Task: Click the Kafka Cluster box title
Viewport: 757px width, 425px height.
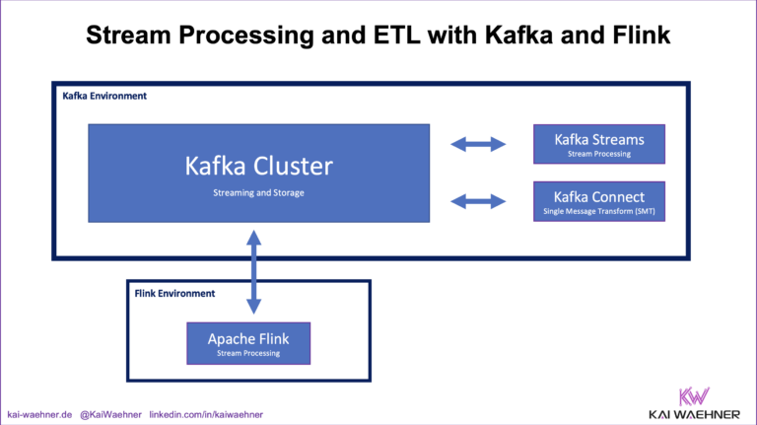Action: [x=258, y=166]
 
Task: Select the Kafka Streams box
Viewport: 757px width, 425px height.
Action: [x=599, y=144]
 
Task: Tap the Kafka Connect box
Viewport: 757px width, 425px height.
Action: [x=599, y=201]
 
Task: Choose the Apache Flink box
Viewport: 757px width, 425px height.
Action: [x=248, y=344]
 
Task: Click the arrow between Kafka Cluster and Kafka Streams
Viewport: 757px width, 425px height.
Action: [x=477, y=145]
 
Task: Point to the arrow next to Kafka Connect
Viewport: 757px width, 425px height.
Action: [x=477, y=202]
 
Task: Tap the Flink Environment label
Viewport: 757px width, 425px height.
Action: [x=174, y=294]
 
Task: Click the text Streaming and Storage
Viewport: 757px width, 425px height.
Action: [x=258, y=192]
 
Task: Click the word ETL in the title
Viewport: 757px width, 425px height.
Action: [x=380, y=36]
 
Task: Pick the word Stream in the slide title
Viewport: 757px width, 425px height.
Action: [x=129, y=36]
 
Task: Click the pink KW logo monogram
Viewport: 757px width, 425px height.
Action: [x=695, y=391]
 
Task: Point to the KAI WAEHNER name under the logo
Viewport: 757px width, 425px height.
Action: [x=695, y=412]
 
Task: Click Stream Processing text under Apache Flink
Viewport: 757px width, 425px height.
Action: [x=248, y=353]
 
